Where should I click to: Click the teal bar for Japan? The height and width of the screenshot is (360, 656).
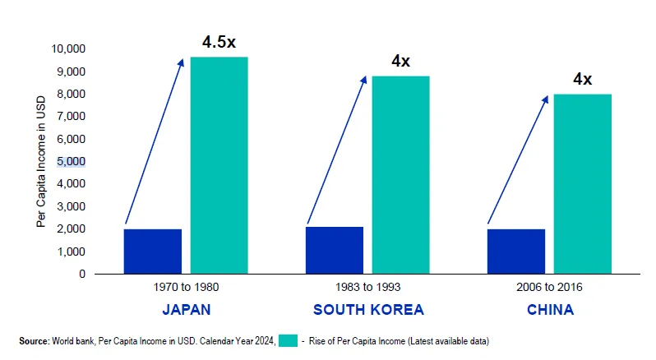(219, 164)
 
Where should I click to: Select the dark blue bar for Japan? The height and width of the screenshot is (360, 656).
(153, 251)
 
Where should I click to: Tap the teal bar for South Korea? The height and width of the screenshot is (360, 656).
(400, 174)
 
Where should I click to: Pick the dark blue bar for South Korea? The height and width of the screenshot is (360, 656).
(335, 250)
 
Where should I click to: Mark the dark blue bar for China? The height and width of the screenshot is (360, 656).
(516, 251)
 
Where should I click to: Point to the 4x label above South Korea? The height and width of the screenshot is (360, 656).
(401, 61)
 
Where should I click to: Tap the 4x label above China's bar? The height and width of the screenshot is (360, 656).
(582, 80)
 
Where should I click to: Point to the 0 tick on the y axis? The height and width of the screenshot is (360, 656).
(81, 274)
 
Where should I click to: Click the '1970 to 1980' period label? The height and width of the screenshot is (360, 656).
(186, 288)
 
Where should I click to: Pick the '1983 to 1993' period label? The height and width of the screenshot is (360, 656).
(367, 288)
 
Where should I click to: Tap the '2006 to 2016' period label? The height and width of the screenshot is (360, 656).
(549, 288)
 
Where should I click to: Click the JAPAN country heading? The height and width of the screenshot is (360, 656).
(186, 310)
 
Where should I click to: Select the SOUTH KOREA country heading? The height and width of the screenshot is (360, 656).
(368, 310)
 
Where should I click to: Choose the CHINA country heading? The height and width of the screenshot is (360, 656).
(550, 310)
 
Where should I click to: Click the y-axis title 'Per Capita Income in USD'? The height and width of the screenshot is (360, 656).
(40, 162)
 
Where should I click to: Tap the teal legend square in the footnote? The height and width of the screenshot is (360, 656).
(288, 340)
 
